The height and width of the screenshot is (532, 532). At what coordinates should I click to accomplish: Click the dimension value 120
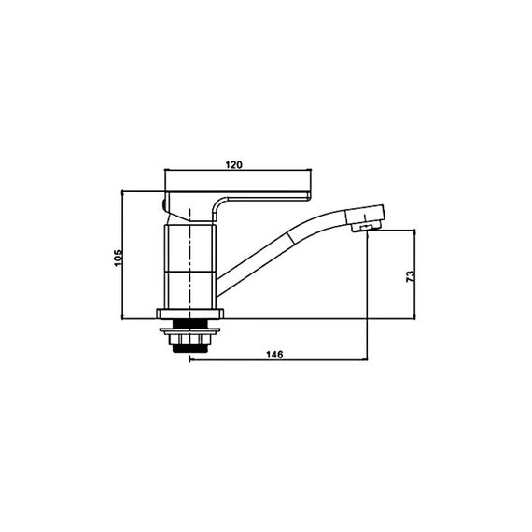click(234, 165)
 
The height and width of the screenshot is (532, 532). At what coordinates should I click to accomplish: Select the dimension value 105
click(118, 258)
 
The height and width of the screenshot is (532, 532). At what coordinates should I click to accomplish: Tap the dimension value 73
click(410, 276)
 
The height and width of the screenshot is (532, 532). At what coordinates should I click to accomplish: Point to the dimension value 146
click(274, 355)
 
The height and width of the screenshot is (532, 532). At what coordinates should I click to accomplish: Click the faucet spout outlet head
click(365, 217)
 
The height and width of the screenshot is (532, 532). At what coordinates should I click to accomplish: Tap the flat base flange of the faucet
click(190, 314)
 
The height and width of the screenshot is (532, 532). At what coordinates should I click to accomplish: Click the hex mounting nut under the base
click(189, 340)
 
